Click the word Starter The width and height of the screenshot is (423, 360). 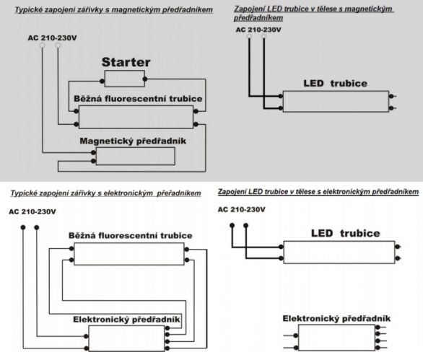point(126,62)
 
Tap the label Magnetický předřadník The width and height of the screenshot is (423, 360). point(133,141)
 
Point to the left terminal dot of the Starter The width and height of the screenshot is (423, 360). point(103,81)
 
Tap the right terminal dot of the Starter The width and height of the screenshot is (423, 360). point(145,79)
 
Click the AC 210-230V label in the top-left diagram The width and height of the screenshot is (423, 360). point(53,38)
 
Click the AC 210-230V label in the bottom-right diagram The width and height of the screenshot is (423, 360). point(241,209)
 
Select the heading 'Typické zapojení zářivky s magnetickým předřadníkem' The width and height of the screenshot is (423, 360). point(113,10)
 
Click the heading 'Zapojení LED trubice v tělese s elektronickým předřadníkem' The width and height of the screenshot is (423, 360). point(318,192)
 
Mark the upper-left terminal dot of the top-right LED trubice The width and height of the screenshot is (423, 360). point(281,96)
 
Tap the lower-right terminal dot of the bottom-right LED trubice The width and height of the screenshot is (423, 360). point(398,258)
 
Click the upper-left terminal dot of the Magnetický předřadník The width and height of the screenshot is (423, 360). point(93,153)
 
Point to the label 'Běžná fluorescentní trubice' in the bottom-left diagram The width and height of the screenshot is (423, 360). point(131,236)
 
